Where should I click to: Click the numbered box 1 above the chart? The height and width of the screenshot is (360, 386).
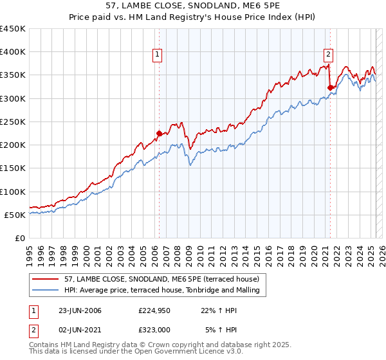(158, 55)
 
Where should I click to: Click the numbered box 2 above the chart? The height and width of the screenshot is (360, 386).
(329, 55)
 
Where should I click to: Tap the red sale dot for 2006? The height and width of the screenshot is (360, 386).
(159, 134)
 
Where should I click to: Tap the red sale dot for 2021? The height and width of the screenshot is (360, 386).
(329, 87)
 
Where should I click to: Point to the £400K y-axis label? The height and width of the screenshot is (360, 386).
(13, 52)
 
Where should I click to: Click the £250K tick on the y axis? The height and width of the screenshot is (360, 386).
(13, 122)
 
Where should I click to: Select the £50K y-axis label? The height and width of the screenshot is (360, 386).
(15, 215)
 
